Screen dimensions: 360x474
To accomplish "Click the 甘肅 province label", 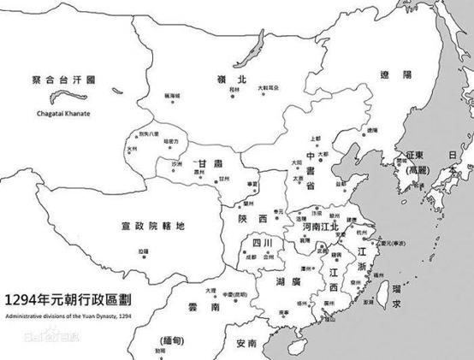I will point(209,164).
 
